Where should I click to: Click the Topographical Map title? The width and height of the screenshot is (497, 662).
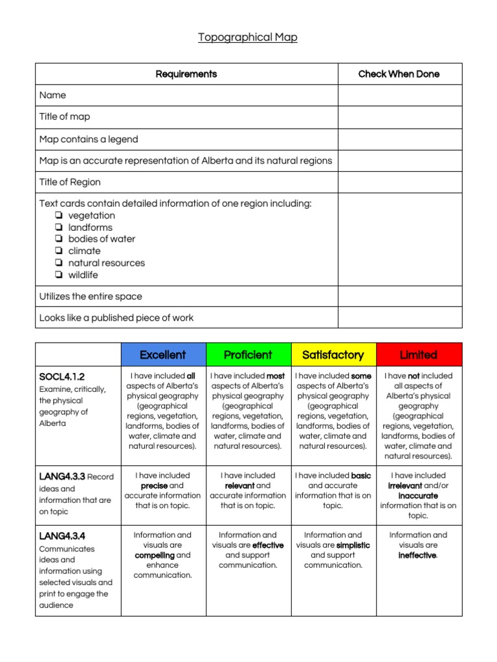(248, 37)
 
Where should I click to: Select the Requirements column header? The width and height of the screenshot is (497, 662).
(186, 74)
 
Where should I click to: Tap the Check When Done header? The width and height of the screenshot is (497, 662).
(399, 74)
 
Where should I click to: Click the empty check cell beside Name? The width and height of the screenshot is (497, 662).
(399, 95)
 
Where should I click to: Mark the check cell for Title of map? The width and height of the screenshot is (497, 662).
(399, 117)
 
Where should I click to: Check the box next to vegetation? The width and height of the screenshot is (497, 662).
(59, 215)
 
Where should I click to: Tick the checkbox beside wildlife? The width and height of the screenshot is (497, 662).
(59, 275)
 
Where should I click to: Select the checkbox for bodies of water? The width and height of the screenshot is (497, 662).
(59, 239)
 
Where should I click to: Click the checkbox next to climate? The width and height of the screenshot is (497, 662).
(59, 251)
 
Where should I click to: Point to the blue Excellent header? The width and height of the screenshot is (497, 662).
(162, 354)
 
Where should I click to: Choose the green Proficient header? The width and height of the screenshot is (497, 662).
(248, 354)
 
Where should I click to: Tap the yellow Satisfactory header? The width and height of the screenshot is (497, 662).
(333, 354)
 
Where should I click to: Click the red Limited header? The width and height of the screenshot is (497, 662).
(418, 354)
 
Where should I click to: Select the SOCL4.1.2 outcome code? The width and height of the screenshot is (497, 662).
(62, 376)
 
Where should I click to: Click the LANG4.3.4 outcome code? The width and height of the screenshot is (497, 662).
(62, 536)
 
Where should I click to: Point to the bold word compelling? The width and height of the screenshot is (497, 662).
(155, 555)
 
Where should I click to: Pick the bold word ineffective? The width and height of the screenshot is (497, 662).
(417, 555)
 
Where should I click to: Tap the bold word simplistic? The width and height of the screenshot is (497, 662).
(353, 545)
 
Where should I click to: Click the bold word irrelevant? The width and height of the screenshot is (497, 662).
(404, 486)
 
